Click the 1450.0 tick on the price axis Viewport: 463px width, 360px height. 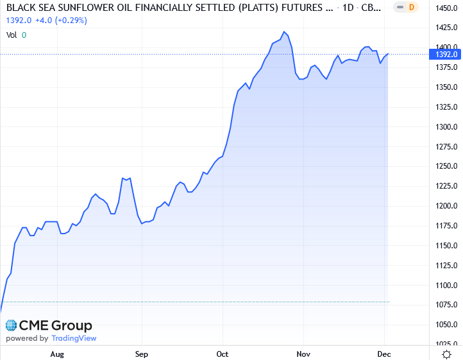point(445,7)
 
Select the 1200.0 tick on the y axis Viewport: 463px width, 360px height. point(445,206)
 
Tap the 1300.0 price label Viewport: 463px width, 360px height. point(445,126)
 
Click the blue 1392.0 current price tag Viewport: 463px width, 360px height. point(445,55)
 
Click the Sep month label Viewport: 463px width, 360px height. point(142,354)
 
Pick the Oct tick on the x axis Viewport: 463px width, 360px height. point(223,354)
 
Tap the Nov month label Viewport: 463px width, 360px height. point(303,354)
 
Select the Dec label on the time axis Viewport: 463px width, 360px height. point(384,354)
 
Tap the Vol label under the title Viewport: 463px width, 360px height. point(12,35)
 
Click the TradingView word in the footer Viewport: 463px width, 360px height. point(74,338)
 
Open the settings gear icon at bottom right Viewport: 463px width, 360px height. point(446,354)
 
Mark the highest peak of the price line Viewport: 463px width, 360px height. point(284,31)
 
